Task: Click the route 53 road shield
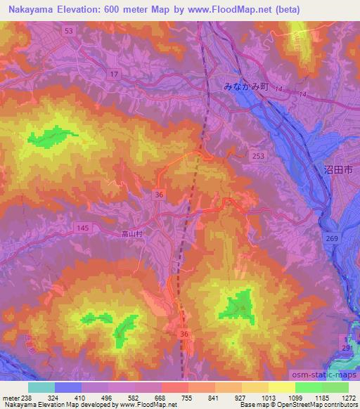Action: [x=68, y=32]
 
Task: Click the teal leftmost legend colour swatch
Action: [x=42, y=387]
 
